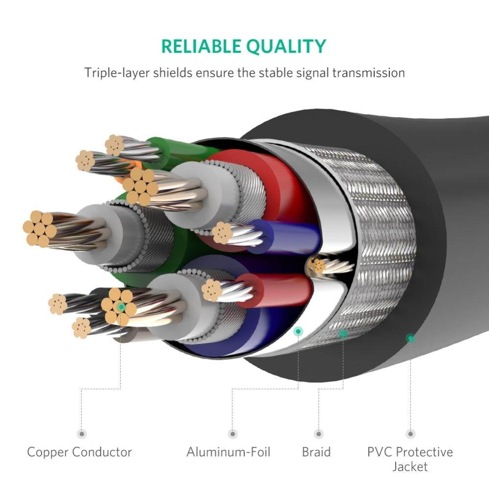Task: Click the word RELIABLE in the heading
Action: [200, 46]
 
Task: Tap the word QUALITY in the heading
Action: [286, 46]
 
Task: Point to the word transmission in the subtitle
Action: [368, 73]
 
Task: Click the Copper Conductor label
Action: [80, 452]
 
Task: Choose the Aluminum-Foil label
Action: [228, 452]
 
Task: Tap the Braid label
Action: [316, 452]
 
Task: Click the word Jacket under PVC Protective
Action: [410, 467]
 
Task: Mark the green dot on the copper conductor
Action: [121, 307]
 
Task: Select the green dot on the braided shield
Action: [343, 334]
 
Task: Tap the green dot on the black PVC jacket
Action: [410, 337]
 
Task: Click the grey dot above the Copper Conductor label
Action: [82, 434]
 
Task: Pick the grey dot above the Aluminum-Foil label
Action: [233, 434]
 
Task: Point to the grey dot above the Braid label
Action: [319, 434]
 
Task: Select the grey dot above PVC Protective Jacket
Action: [410, 434]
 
